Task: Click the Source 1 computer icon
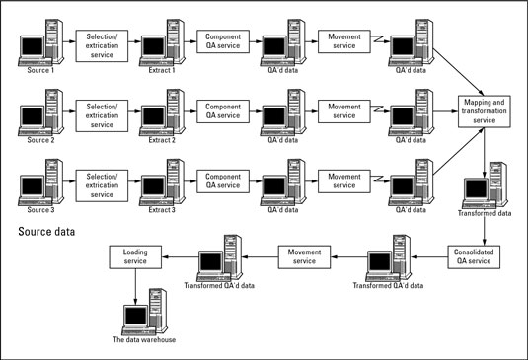(39, 44)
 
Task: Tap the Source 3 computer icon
(39, 180)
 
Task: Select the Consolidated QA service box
(478, 257)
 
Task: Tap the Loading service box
(136, 257)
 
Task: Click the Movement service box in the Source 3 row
(344, 181)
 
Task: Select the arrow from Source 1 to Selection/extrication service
(68, 43)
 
